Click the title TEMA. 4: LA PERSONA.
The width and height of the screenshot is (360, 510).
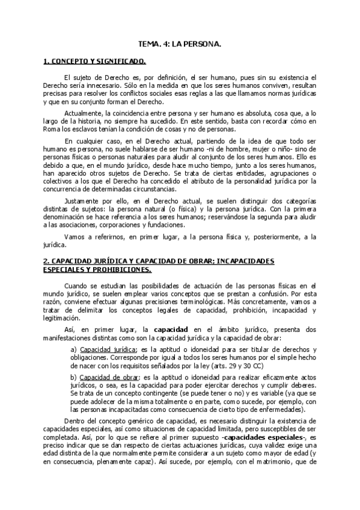(180, 45)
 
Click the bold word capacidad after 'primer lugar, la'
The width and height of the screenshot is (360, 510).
(171, 330)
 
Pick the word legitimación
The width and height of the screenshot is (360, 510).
(61, 318)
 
